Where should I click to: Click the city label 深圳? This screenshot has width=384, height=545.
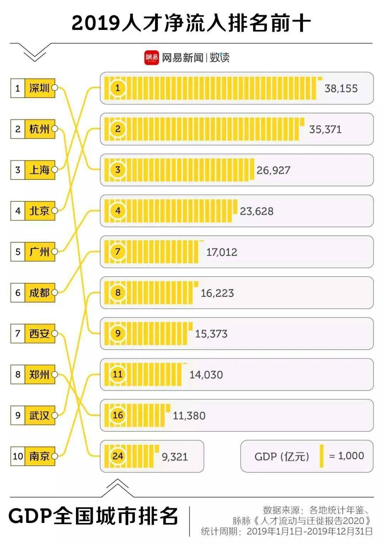[x=39, y=88]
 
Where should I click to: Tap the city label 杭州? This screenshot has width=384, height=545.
[x=39, y=129]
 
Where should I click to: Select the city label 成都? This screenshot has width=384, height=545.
[x=39, y=293]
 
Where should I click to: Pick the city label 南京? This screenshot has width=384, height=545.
[x=39, y=456]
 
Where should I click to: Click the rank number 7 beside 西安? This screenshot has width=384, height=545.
[x=18, y=333]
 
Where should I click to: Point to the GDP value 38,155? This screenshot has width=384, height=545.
[x=341, y=89]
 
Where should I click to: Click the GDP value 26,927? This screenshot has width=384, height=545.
[x=273, y=170]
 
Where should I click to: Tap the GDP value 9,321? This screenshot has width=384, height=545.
[x=175, y=457]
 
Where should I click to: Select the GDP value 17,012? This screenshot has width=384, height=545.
[x=222, y=252]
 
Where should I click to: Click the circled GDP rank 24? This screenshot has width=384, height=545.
[x=118, y=456]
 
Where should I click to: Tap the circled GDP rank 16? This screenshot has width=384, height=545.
[x=118, y=415]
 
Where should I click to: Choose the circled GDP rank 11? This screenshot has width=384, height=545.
[x=118, y=374]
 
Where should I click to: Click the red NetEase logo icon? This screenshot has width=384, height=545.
[x=151, y=58]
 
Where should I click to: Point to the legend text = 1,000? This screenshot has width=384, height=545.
[x=346, y=456]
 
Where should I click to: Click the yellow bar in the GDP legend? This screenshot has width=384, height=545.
[x=321, y=456]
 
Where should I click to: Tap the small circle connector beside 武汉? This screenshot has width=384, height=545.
[x=55, y=415]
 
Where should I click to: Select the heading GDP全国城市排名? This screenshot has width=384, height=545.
[x=93, y=516]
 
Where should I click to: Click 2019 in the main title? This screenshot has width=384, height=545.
[x=95, y=23]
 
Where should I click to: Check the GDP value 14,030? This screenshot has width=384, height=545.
[x=206, y=375]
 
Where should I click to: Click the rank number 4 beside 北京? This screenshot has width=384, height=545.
[x=18, y=211]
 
